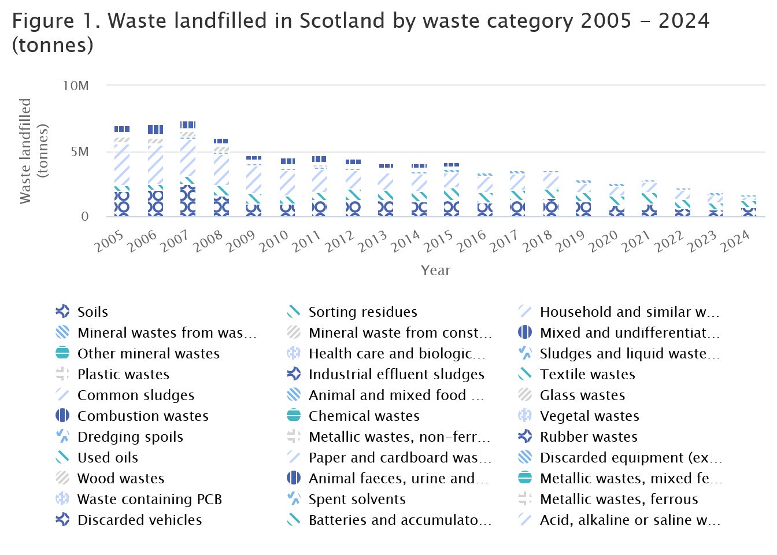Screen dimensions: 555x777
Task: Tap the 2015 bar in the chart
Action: coord(452,190)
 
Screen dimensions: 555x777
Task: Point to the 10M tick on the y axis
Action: coord(76,86)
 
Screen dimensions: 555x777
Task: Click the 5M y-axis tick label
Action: coord(80,152)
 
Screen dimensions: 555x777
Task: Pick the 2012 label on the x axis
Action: coord(340,242)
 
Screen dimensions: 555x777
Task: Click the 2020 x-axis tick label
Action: coord(604,242)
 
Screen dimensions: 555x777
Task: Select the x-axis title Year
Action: coord(435,271)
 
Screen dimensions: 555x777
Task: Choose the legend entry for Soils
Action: coord(92,312)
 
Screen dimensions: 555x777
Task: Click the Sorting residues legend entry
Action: coord(362,312)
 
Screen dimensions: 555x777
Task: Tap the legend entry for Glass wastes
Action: coord(582,395)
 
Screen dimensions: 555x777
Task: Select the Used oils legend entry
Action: coord(108,458)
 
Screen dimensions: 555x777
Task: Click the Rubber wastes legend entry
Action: coord(589,437)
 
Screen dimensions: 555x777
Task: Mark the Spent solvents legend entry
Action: coord(357,499)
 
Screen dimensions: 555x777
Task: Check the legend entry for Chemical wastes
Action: coord(364,416)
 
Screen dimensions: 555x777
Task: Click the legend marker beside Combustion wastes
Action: coord(62,416)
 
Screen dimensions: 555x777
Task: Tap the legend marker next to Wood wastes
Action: coord(62,479)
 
